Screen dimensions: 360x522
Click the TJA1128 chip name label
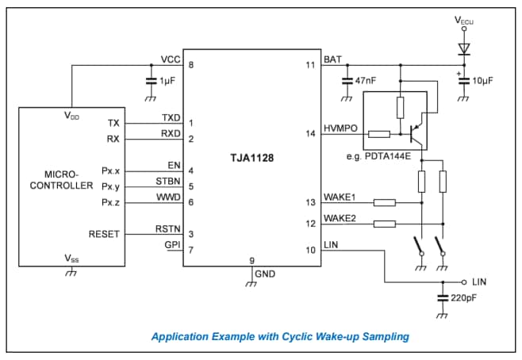(252, 159)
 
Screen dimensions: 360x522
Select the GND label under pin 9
(265, 274)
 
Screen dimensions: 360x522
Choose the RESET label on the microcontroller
(104, 234)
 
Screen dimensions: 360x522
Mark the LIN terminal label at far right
(480, 281)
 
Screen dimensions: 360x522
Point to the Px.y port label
(109, 186)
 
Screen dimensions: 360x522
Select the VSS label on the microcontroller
(71, 259)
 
